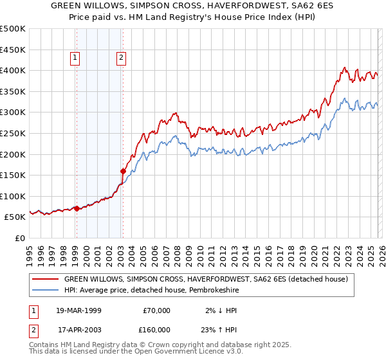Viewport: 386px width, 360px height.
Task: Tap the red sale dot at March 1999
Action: (x=77, y=208)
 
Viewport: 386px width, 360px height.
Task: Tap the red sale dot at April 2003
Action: (x=123, y=171)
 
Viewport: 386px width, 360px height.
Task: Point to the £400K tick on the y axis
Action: (x=13, y=70)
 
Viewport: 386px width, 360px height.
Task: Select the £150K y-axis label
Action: (x=13, y=175)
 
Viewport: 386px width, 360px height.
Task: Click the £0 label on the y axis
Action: (x=19, y=238)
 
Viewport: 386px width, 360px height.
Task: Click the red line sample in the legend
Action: (x=46, y=279)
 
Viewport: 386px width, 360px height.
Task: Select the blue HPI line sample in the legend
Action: (x=46, y=291)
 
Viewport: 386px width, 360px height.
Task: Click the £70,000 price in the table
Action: (x=156, y=310)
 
